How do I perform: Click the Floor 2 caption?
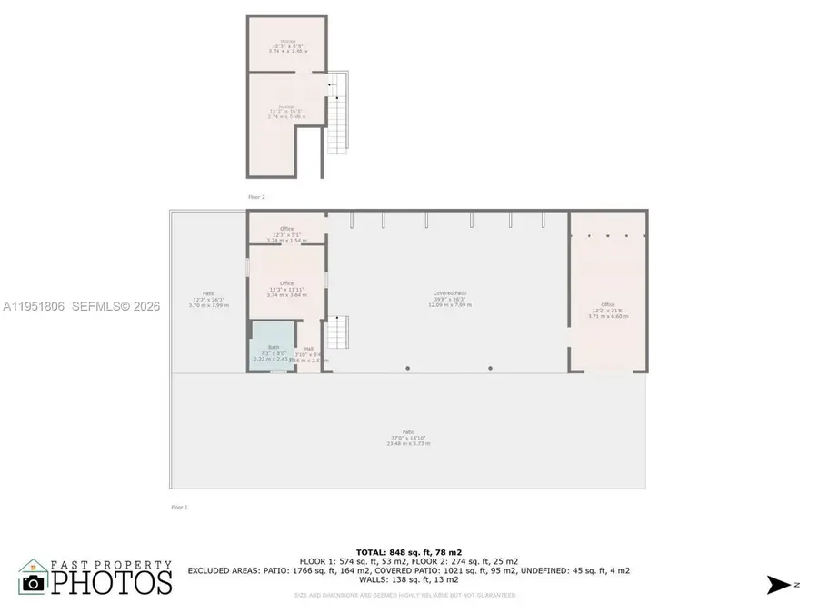coord(256,196)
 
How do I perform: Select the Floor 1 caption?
coord(179,507)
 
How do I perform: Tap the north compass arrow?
coord(779,585)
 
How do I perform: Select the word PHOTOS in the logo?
coord(111,582)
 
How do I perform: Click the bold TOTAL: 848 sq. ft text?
coord(408,552)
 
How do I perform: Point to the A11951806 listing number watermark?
coord(35,307)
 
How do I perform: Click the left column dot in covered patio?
coord(407,368)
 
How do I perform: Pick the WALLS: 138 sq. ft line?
coord(408,579)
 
